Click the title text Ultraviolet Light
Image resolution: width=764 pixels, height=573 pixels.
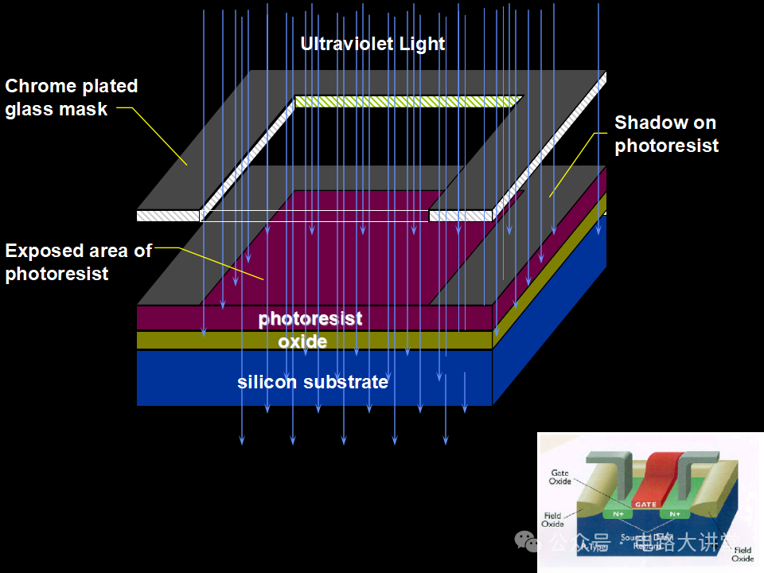click(x=372, y=44)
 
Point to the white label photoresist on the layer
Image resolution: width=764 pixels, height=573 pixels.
click(x=310, y=319)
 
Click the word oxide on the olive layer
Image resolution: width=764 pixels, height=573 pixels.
click(x=302, y=341)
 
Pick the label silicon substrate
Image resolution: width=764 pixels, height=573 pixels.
click(x=313, y=382)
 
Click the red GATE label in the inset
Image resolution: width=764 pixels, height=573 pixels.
click(x=644, y=505)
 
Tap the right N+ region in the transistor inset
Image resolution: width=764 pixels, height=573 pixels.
click(x=675, y=514)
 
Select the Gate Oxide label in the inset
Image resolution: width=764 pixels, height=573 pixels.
click(x=560, y=477)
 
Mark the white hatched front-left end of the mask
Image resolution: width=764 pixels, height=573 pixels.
click(x=167, y=216)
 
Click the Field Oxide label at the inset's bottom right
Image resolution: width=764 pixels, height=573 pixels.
click(x=743, y=554)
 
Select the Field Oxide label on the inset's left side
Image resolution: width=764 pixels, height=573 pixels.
click(x=552, y=520)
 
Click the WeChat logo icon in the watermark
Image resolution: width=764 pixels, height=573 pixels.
click(x=527, y=541)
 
